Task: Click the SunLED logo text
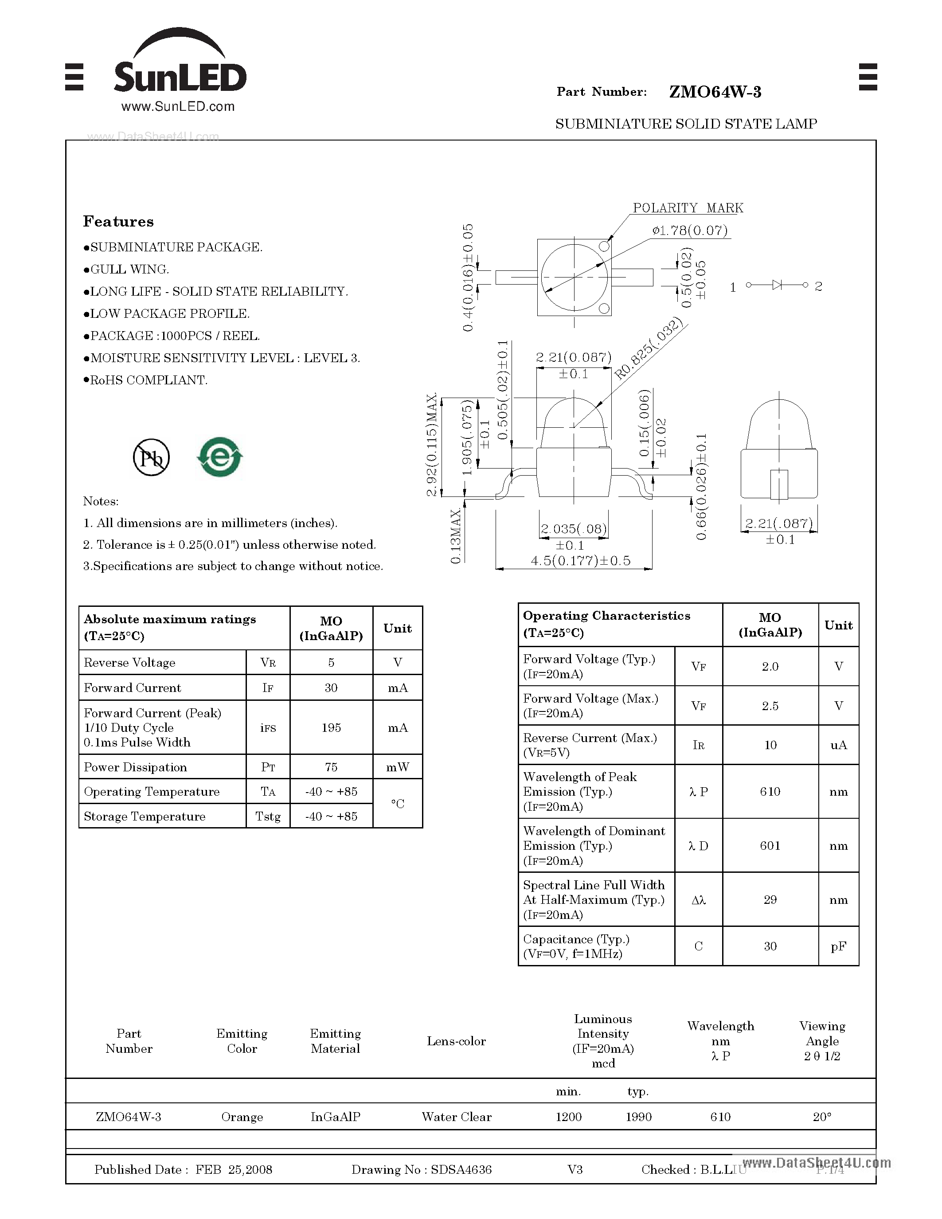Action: point(180,77)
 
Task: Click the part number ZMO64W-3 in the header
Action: point(715,92)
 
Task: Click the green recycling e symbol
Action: point(220,457)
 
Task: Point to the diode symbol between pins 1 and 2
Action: point(777,285)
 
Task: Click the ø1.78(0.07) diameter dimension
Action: point(690,231)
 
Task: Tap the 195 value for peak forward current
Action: point(331,728)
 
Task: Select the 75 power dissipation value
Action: point(331,767)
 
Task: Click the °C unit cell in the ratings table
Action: point(397,804)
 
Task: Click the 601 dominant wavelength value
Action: point(770,846)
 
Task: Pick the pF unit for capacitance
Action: point(838,946)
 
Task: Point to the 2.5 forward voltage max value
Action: point(770,706)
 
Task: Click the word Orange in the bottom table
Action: point(242,1117)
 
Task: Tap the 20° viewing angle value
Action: point(821,1117)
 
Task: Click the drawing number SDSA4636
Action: point(461,1169)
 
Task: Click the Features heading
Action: point(118,222)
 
